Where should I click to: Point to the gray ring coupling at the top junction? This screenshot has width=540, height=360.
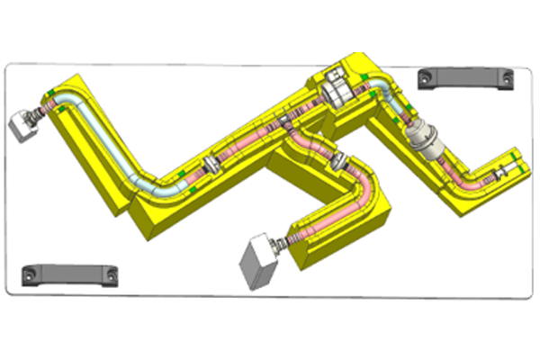[x=337, y=88]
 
